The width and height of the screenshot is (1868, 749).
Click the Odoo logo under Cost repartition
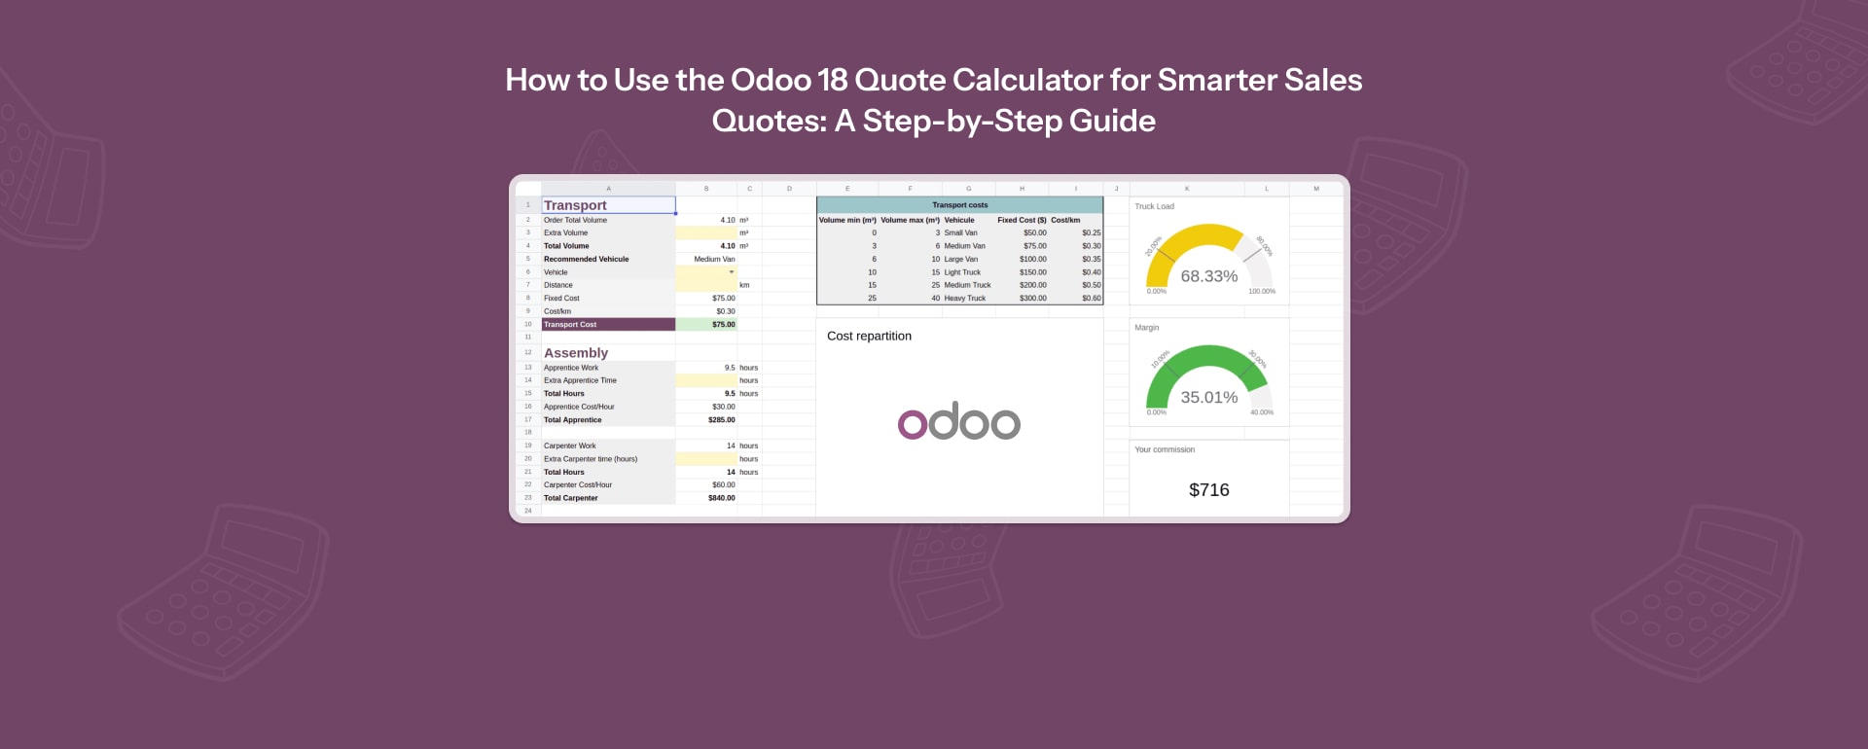pyautogui.click(x=958, y=421)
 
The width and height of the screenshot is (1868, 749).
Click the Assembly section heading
pyautogui.click(x=576, y=353)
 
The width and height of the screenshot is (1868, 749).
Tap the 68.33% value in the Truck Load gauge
pyautogui.click(x=1208, y=276)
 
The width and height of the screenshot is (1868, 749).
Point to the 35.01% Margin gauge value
pyautogui.click(x=1208, y=397)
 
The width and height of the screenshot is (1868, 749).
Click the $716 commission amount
pyautogui.click(x=1208, y=490)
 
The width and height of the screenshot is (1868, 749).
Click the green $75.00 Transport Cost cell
pyautogui.click(x=723, y=325)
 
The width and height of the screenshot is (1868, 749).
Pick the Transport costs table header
pyautogui.click(x=959, y=205)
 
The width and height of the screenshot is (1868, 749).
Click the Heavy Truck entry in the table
pyautogui.click(x=964, y=299)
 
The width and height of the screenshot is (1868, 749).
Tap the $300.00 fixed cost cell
pyautogui.click(x=1032, y=299)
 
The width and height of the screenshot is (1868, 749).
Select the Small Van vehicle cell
pyautogui.click(x=960, y=233)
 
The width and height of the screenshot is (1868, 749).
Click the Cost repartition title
pyautogui.click(x=869, y=336)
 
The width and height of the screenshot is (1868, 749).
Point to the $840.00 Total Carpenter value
pyautogui.click(x=721, y=498)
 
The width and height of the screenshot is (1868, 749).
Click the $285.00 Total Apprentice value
pyautogui.click(x=721, y=420)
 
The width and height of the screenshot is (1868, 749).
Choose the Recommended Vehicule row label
pyautogui.click(x=586, y=260)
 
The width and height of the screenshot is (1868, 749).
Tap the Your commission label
pyautogui.click(x=1165, y=449)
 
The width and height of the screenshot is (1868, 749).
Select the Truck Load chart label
pyautogui.click(x=1154, y=206)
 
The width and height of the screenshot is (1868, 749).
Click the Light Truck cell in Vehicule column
pyautogui.click(x=962, y=272)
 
